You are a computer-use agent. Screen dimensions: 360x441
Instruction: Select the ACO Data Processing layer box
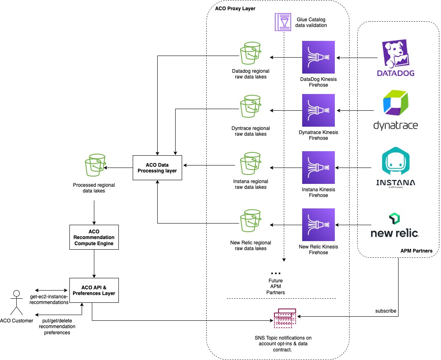157,168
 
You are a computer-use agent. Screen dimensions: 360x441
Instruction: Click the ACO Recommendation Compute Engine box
94,237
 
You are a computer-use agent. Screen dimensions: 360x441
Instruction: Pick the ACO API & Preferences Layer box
94,290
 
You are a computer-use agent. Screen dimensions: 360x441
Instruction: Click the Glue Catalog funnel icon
283,22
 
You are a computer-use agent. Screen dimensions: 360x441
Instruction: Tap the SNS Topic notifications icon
285,318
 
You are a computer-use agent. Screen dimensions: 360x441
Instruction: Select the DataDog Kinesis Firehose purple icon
318,57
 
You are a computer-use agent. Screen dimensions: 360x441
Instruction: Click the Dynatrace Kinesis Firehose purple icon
318,110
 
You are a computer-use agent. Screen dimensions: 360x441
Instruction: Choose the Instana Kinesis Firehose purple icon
318,168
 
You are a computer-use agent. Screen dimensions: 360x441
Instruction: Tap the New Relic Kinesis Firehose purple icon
318,224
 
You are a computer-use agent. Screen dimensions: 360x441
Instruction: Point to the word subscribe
385,311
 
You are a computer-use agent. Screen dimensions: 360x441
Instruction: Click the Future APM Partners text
276,286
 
